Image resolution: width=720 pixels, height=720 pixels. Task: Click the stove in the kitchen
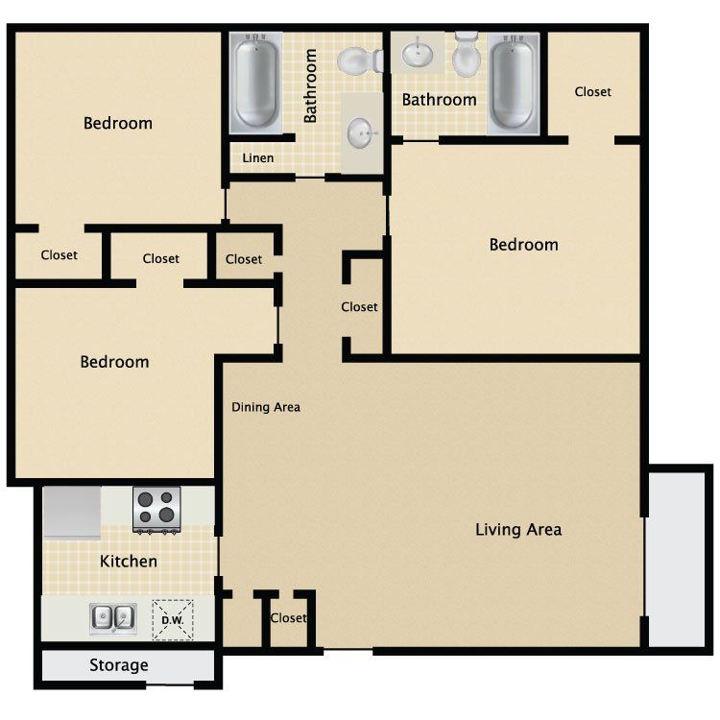(x=156, y=510)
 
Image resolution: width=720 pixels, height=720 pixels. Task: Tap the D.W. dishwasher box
(x=173, y=620)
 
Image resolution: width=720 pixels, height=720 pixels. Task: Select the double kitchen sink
(x=113, y=617)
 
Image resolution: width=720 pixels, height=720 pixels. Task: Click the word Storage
(x=119, y=665)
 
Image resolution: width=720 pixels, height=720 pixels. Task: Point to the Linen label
(x=258, y=158)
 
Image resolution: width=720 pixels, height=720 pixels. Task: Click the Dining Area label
(x=266, y=407)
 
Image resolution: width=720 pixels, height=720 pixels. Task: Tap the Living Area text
(x=518, y=529)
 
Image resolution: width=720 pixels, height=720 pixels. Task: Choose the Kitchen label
(x=129, y=562)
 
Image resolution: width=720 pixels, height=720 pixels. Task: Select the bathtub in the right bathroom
(x=514, y=84)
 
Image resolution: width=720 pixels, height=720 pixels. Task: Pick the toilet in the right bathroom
(x=467, y=55)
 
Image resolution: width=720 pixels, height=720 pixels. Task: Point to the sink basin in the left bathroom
(x=362, y=133)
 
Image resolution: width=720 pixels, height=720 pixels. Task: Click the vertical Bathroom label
(x=310, y=85)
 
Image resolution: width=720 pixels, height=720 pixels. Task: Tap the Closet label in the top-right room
(x=593, y=92)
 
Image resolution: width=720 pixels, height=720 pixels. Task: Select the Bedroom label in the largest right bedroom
(x=524, y=245)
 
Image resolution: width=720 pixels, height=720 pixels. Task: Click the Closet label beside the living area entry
(x=288, y=617)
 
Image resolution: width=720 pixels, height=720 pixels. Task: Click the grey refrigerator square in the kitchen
(x=72, y=512)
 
